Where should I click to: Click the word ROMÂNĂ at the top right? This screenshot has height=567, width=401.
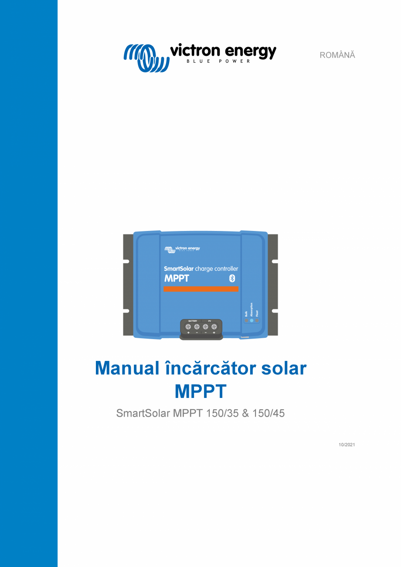click(337, 55)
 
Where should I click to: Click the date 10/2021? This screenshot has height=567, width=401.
click(347, 445)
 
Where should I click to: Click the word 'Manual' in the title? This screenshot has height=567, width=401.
click(127, 369)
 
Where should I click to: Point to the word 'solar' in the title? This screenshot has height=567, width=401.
click(284, 369)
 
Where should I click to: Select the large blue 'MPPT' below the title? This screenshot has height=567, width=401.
click(200, 391)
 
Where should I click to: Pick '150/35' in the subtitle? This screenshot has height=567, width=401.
click(223, 413)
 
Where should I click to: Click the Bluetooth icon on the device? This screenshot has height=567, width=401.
click(232, 278)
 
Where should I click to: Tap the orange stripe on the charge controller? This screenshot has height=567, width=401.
click(201, 289)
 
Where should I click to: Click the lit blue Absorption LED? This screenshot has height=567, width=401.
click(251, 321)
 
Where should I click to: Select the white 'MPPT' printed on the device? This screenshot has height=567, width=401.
click(177, 278)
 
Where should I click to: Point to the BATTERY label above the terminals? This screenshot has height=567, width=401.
click(192, 321)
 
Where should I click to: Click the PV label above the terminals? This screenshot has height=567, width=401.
click(209, 321)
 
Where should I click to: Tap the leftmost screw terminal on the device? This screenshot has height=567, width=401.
click(188, 326)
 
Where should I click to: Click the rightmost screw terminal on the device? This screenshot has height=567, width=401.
click(214, 326)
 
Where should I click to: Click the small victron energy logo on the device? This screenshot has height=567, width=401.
click(182, 249)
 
